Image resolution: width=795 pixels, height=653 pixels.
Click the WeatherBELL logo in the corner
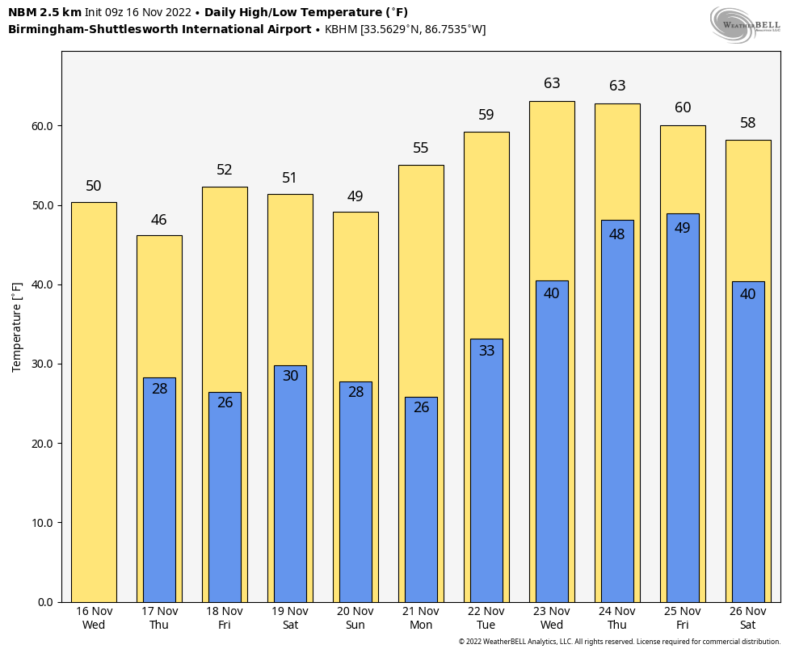point(745,24)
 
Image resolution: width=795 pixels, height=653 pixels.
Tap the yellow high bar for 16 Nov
point(94,404)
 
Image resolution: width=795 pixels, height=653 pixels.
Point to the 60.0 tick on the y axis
point(43,126)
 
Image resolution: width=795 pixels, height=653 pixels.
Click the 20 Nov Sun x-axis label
point(355,618)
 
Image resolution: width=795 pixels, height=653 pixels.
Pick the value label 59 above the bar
point(486,115)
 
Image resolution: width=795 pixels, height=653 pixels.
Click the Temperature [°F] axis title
point(17,326)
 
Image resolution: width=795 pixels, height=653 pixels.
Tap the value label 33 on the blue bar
point(486,351)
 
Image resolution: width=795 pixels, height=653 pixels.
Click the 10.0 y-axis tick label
point(43,523)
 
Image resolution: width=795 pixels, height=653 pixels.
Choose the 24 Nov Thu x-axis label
point(617,618)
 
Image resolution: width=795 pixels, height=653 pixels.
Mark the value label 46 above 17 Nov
point(159,220)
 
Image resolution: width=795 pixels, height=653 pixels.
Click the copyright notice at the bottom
point(620,642)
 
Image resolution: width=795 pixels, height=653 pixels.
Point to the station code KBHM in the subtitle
point(341,30)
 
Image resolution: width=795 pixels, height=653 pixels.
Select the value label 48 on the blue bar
point(617,234)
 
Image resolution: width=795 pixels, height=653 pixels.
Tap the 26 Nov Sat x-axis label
point(748,618)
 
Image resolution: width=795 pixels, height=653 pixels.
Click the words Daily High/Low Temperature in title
point(306,12)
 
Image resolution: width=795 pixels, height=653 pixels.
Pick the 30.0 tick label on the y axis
point(43,364)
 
